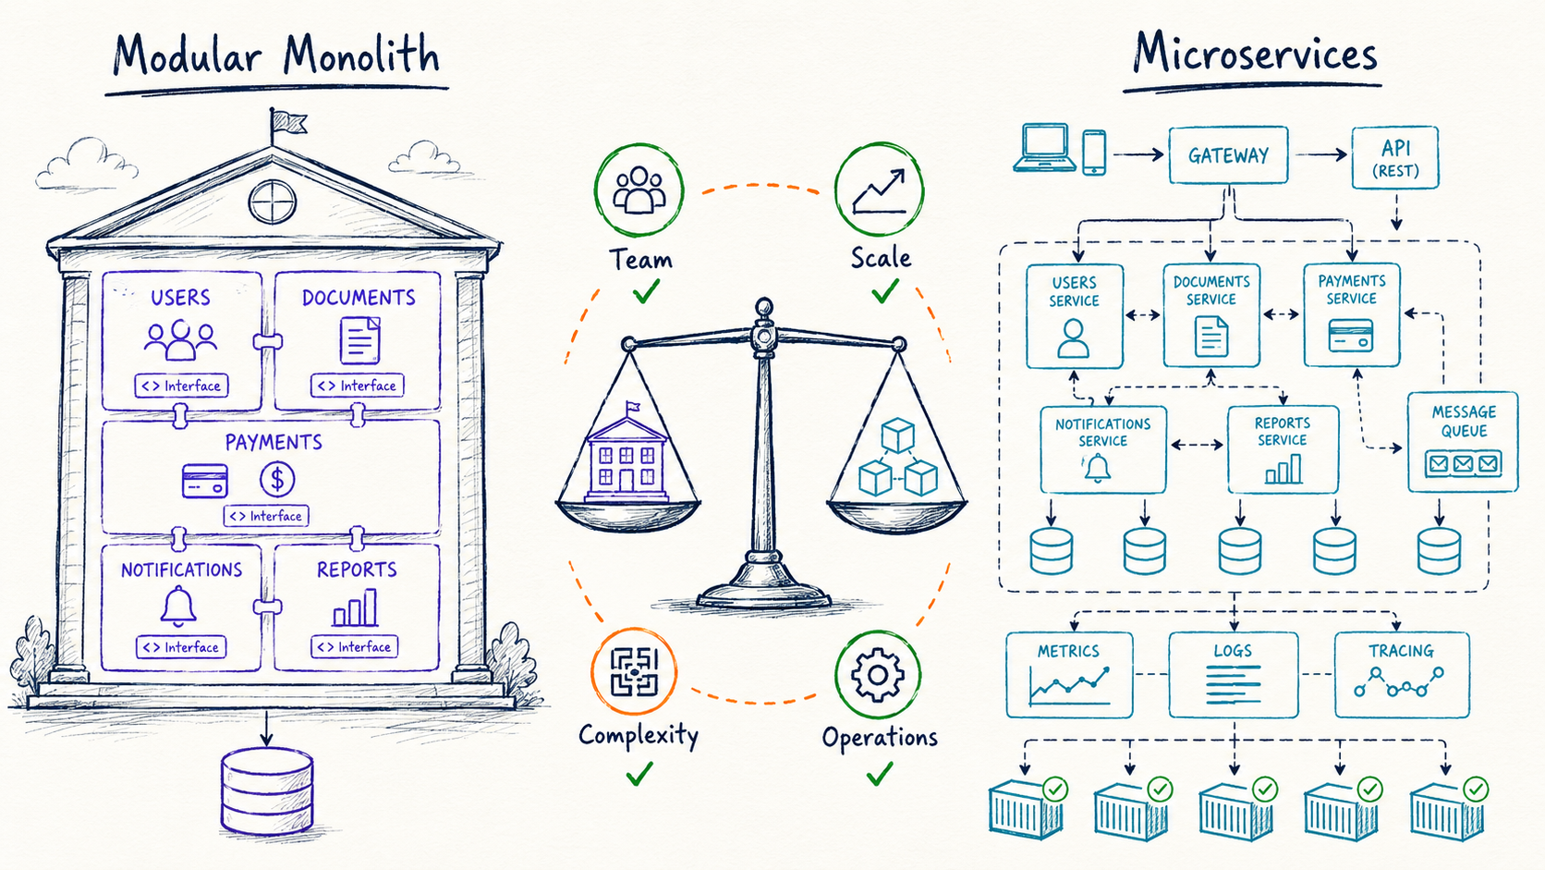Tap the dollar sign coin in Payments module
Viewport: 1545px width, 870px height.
(277, 479)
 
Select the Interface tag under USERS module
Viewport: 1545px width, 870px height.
(181, 386)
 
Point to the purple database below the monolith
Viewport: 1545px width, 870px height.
(267, 790)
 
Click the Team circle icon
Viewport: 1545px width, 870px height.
(639, 190)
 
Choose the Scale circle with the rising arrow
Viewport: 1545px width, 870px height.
(879, 189)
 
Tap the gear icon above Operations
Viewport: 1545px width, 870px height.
(877, 675)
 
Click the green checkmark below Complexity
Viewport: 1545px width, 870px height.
(639, 774)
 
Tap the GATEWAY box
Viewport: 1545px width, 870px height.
(1228, 155)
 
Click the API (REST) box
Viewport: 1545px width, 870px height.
(1395, 157)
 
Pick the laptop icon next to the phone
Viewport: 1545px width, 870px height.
(1044, 148)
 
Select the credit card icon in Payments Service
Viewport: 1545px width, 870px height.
(1351, 336)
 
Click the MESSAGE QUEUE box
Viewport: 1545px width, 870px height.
(1463, 442)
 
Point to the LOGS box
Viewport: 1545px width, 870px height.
(1234, 675)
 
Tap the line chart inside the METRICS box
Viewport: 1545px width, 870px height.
(1068, 685)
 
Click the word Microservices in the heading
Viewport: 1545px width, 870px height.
(1255, 54)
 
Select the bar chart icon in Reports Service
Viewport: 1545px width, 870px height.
(1283, 469)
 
